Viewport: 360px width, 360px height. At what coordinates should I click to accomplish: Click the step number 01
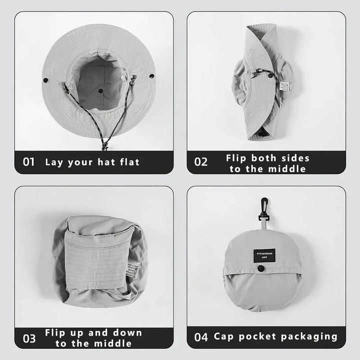tap(29, 162)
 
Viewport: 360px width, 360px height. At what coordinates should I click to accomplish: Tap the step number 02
tap(200, 162)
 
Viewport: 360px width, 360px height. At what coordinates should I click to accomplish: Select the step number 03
tap(29, 338)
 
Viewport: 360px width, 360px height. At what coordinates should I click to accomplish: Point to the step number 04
tap(201, 337)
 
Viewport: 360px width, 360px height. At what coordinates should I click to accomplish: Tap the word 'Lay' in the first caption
tap(54, 162)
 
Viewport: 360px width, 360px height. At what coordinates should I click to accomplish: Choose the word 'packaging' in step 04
tap(311, 336)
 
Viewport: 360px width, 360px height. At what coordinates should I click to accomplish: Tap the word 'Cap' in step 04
tap(225, 336)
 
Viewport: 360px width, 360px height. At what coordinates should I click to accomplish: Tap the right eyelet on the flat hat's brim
tap(151, 76)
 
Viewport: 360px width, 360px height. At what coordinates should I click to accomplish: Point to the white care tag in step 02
tap(284, 85)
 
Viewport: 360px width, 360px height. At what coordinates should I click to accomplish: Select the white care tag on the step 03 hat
tap(131, 268)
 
